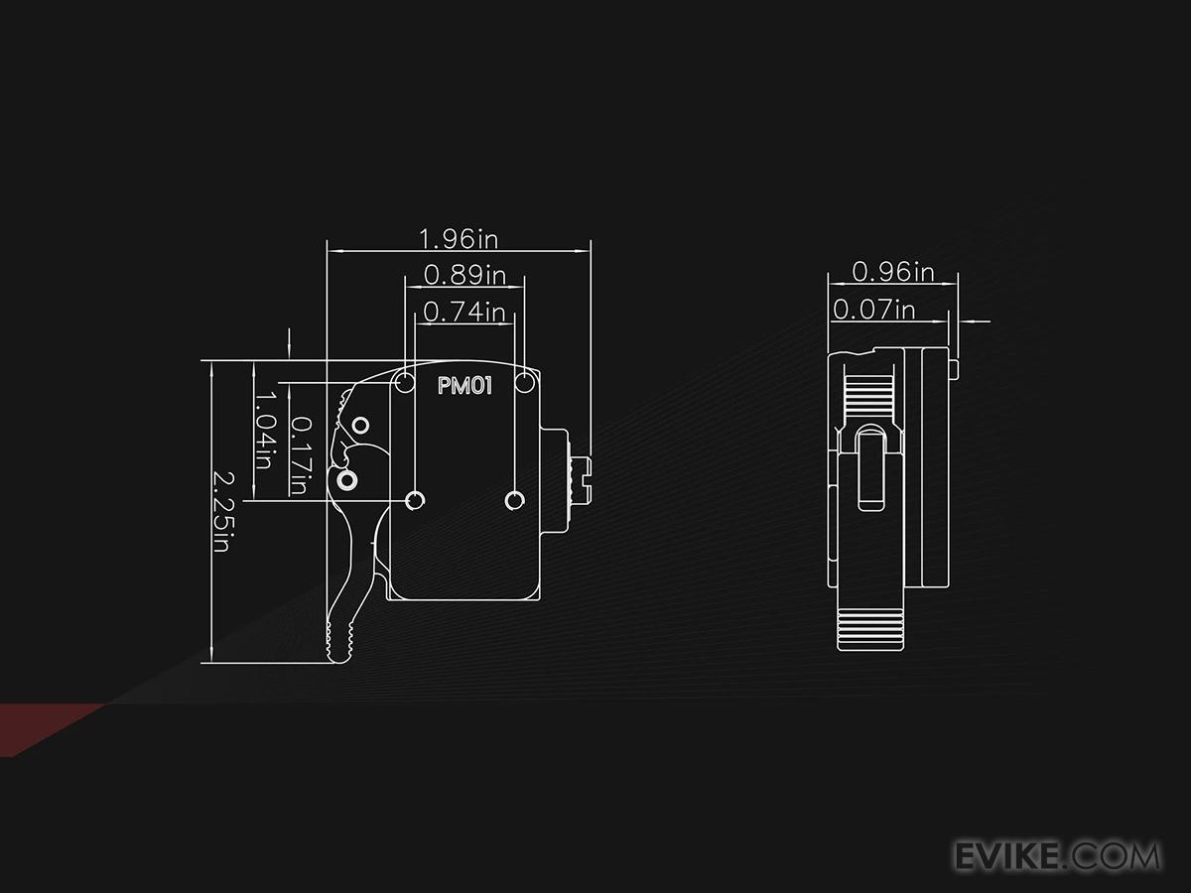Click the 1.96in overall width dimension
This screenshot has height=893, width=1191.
(x=458, y=239)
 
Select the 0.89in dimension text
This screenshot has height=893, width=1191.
(x=464, y=274)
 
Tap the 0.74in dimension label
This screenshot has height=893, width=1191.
(x=464, y=313)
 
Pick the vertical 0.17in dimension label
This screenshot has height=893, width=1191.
(x=299, y=455)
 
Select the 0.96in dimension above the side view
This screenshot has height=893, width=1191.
(x=893, y=271)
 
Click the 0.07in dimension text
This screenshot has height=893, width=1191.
(x=873, y=310)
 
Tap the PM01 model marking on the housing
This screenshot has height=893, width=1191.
(x=464, y=386)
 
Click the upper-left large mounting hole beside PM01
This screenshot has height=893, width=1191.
(x=405, y=383)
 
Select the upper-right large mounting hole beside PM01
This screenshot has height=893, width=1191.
(x=526, y=383)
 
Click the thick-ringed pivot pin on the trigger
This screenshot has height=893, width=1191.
(x=346, y=480)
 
